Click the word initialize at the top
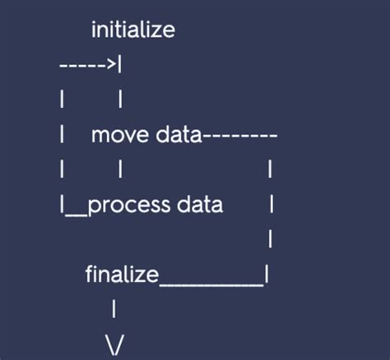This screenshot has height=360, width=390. (132, 31)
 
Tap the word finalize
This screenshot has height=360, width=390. (121, 274)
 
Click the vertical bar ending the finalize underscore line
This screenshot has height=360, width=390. (267, 274)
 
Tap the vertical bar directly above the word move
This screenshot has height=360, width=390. (121, 100)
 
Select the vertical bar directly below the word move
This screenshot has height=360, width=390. (121, 170)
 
